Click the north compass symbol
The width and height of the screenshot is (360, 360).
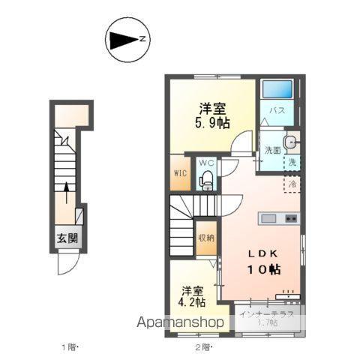click(x=127, y=40)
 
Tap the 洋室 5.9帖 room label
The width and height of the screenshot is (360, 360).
click(x=212, y=115)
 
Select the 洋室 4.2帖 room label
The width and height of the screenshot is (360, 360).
click(x=192, y=296)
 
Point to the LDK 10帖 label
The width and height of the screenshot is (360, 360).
click(x=264, y=263)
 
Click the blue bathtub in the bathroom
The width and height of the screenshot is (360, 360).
click(x=277, y=89)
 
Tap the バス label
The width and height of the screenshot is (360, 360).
click(x=277, y=110)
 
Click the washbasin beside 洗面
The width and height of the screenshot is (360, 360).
click(x=290, y=142)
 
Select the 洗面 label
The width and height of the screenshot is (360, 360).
click(x=273, y=150)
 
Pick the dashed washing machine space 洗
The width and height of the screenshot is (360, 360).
click(x=292, y=163)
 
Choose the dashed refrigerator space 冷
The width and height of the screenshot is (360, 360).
click(x=292, y=184)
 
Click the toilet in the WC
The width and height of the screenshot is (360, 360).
click(x=206, y=181)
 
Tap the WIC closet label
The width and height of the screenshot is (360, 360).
click(x=180, y=173)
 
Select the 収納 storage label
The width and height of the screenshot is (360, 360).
click(x=206, y=238)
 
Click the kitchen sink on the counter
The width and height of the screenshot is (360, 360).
click(x=268, y=218)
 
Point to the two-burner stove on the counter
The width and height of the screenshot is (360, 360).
click(x=291, y=218)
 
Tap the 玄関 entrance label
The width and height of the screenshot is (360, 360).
click(x=67, y=238)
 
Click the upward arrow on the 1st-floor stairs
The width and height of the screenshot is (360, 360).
click(x=66, y=193)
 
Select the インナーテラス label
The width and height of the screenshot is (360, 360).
click(x=267, y=314)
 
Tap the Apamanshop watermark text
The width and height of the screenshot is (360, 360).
click(x=180, y=322)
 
